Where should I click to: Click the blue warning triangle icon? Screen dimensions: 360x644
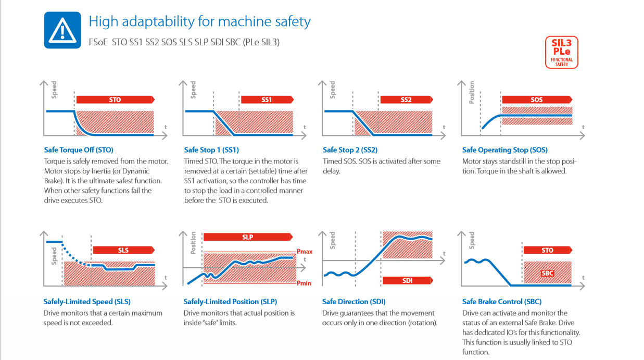[x=62, y=30]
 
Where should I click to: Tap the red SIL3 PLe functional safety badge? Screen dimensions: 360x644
[x=561, y=52]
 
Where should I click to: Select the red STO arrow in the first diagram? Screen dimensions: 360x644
[x=115, y=99]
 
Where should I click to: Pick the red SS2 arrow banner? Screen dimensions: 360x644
[x=407, y=99]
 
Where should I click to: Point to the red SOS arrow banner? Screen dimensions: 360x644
[x=537, y=99]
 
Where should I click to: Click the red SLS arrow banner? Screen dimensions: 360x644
[x=123, y=250]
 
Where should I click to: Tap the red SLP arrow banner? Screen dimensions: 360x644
[x=248, y=237]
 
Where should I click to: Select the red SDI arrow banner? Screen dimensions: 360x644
[x=408, y=280]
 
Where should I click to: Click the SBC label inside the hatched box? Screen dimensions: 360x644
[x=547, y=273]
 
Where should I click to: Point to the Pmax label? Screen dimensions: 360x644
[x=305, y=252]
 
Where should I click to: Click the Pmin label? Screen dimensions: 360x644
[x=304, y=283]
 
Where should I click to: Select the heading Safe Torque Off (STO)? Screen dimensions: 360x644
[x=79, y=150]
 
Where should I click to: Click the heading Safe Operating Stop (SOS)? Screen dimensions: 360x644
[x=504, y=150]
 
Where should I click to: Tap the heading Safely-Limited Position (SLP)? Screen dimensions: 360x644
[x=230, y=302]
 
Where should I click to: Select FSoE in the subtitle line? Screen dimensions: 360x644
[x=98, y=42]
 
